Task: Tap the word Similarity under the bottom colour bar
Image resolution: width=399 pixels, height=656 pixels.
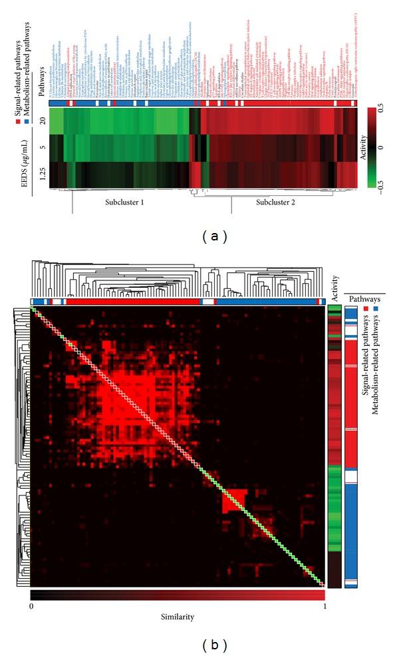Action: pos(177,617)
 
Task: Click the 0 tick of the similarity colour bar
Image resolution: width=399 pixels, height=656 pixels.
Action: pos(32,607)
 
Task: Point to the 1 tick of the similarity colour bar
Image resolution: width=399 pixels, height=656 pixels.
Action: pos(323,607)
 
